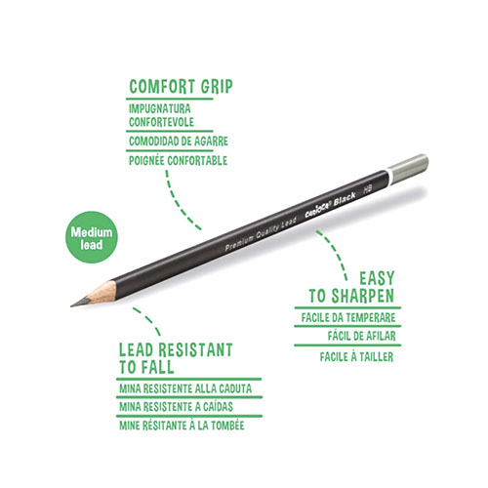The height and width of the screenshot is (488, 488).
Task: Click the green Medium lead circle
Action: click(92, 237)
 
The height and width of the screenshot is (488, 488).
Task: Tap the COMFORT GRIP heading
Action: click(181, 87)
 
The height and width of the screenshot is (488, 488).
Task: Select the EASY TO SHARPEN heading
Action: click(351, 287)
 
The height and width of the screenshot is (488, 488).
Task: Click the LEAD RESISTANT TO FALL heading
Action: click(176, 358)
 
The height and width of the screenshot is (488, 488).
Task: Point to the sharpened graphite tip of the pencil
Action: click(80, 303)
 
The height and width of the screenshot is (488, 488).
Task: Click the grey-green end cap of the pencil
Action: click(409, 169)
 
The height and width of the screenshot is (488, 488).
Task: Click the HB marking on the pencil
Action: click(368, 189)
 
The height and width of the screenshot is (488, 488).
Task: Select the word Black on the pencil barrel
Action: click(345, 198)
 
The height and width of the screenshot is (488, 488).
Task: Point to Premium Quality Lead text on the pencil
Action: click(261, 233)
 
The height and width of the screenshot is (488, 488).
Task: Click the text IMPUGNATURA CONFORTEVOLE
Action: click(161, 115)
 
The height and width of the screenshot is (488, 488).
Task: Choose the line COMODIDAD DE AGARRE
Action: click(179, 142)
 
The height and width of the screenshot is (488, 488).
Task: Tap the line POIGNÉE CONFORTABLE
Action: click(178, 160)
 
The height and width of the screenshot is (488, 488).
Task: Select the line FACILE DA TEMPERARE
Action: click(348, 317)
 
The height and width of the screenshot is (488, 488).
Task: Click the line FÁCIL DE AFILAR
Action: click(362, 336)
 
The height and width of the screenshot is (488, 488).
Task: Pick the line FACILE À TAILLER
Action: click(356, 356)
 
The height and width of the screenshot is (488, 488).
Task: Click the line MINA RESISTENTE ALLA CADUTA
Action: click(185, 388)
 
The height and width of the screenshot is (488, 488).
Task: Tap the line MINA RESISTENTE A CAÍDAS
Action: click(176, 407)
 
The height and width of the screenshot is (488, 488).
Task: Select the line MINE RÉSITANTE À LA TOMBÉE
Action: click(182, 426)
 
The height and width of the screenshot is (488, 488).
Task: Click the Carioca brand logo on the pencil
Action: click(318, 208)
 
